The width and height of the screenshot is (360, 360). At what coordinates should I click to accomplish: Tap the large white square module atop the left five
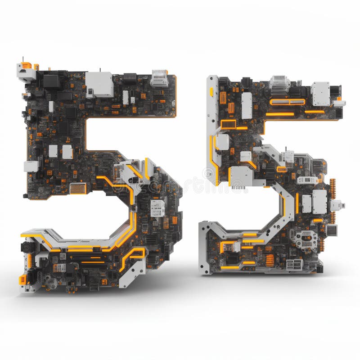(99, 84)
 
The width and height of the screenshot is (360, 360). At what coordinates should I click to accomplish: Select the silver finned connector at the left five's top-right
(159, 78)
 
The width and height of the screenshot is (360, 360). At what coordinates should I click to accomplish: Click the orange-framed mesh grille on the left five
(78, 188)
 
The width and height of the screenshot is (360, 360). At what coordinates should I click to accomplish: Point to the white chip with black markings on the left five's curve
(157, 208)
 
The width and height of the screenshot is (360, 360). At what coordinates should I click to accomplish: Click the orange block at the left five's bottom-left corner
(22, 280)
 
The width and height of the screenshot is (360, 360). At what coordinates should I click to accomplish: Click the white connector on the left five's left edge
(31, 166)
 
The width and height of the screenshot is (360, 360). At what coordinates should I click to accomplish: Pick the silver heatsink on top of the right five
(279, 83)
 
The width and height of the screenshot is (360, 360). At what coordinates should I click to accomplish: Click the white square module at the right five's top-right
(320, 94)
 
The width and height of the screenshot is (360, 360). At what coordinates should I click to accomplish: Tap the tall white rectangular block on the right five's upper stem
(247, 105)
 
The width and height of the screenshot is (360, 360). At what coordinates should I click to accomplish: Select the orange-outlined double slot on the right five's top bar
(287, 102)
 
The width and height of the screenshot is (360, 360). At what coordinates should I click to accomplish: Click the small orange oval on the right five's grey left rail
(211, 92)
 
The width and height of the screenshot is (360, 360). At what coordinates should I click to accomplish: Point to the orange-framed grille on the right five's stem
(228, 124)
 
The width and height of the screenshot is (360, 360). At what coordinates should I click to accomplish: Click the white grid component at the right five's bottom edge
(294, 264)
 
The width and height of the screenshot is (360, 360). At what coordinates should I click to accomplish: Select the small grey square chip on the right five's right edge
(332, 230)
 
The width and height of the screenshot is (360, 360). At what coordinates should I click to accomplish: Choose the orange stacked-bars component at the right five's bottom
(270, 260)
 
